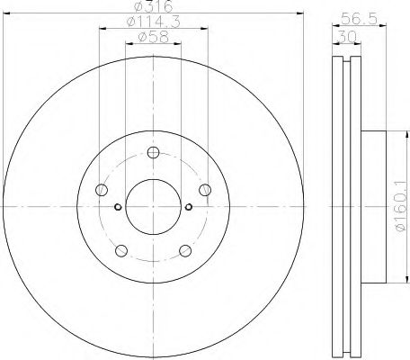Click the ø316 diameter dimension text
click(153, 6)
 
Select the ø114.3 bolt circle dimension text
click(154, 22)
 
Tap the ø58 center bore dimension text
click(153, 37)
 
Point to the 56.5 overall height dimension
click(359, 20)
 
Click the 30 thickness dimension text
click(347, 37)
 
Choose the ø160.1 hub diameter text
click(402, 207)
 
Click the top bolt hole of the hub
click(153, 152)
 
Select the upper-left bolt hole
click(102, 190)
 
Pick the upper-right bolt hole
click(205, 190)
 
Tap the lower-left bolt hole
click(121, 251)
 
